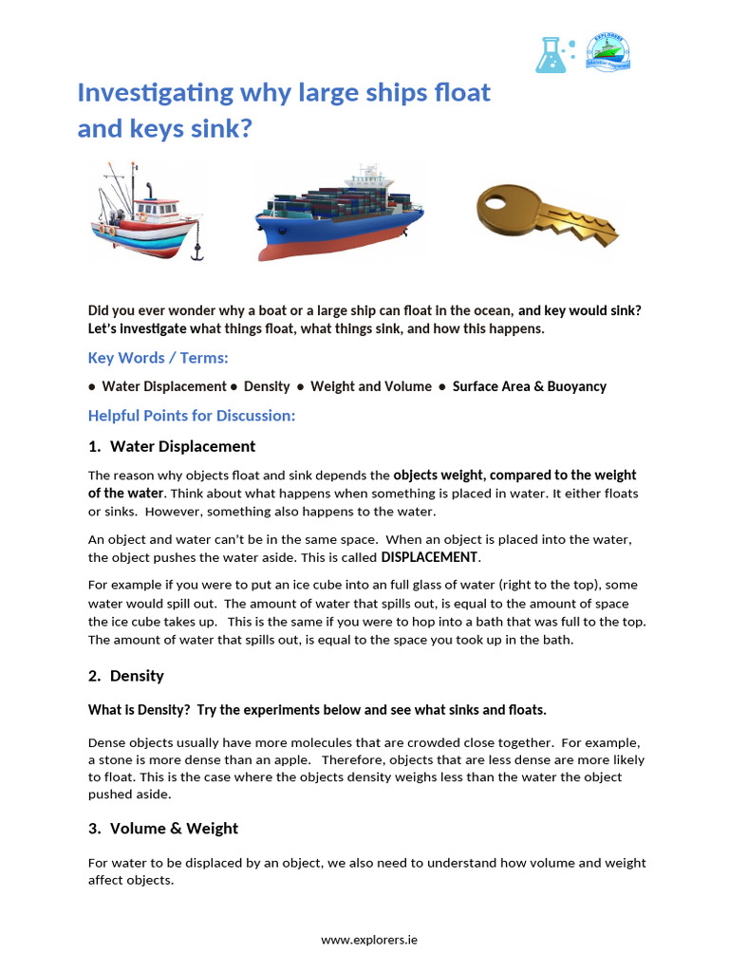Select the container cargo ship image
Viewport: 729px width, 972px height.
pos(338,215)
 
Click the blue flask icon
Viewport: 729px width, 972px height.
pos(551,54)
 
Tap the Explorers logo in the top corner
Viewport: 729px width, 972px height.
pos(607,51)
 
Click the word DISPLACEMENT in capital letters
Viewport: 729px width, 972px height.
pos(430,556)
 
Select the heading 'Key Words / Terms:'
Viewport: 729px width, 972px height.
pos(158,358)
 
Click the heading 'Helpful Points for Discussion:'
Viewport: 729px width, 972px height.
pos(192,416)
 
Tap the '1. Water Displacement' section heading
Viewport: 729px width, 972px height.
pos(172,446)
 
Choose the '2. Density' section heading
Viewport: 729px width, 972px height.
pos(126,676)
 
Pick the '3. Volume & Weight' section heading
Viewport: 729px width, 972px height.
pos(163,829)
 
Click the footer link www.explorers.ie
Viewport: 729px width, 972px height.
pos(368,940)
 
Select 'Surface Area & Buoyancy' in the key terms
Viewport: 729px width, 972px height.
pos(529,386)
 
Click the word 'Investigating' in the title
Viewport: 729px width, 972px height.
pos(155,93)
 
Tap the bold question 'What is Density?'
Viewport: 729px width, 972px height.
pos(140,710)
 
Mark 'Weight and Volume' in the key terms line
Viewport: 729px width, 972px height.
pos(370,386)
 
